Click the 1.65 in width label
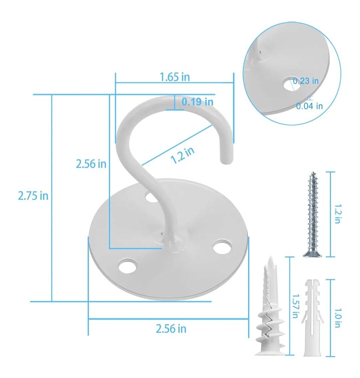click(175, 77)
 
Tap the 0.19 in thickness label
click(197, 102)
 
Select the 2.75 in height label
click(33, 196)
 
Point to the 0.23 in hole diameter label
click(306, 81)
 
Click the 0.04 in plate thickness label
click(309, 106)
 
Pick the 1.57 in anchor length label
click(295, 306)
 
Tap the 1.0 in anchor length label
click(338, 318)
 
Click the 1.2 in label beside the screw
click(338, 214)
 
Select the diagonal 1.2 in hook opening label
click(182, 155)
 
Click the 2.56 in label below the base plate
click(171, 329)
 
